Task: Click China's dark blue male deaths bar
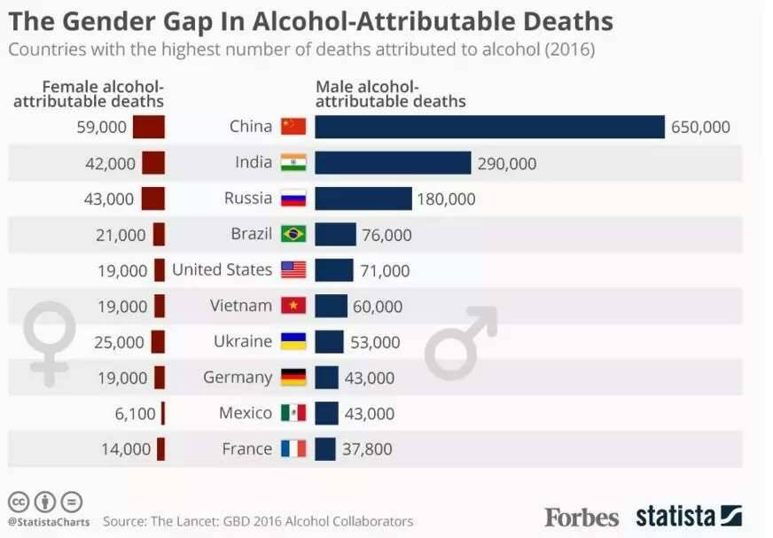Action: [489, 127]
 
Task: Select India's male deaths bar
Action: [393, 163]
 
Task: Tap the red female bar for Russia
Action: [152, 199]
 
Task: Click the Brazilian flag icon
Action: [293, 234]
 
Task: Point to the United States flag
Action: [293, 270]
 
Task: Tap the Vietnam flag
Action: [293, 306]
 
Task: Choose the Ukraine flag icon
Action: [293, 341]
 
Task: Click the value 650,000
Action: [700, 127]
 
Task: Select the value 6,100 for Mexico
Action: [135, 413]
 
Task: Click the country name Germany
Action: [238, 377]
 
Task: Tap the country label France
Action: [247, 448]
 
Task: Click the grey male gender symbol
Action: [460, 342]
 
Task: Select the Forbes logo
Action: [582, 517]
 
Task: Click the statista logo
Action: [688, 516]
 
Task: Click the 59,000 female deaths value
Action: [103, 127]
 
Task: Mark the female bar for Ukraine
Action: [158, 341]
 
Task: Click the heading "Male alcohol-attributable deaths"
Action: [391, 94]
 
